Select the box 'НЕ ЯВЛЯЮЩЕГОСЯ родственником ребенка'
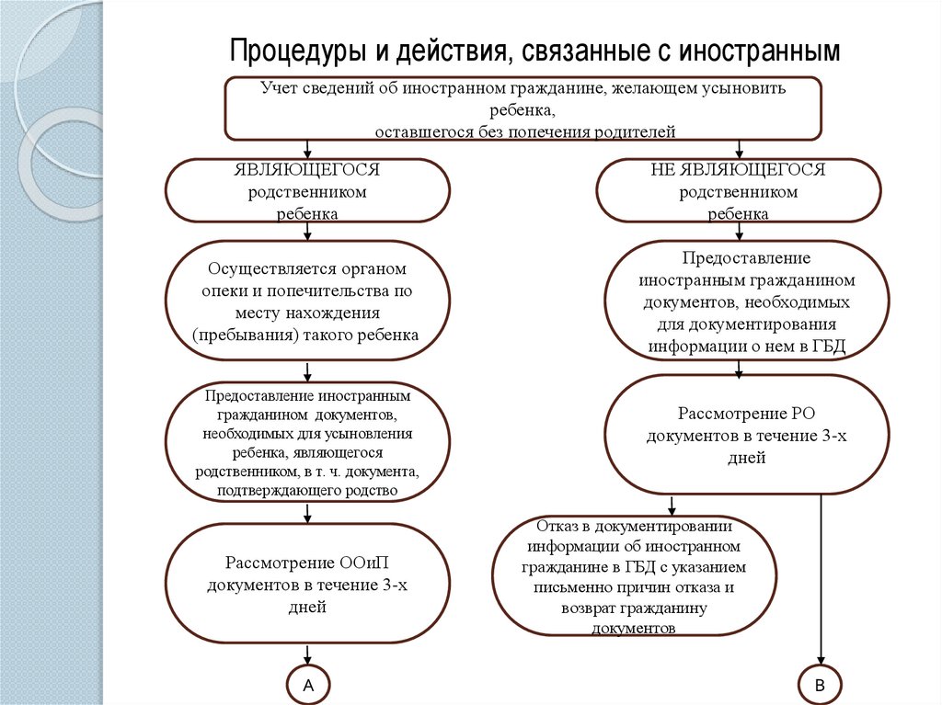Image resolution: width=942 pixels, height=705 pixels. click(x=738, y=191)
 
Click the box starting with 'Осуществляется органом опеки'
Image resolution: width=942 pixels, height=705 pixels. click(x=306, y=301)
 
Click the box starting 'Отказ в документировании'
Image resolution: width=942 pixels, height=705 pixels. click(x=635, y=577)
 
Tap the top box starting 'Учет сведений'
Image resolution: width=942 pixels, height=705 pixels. click(x=523, y=109)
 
